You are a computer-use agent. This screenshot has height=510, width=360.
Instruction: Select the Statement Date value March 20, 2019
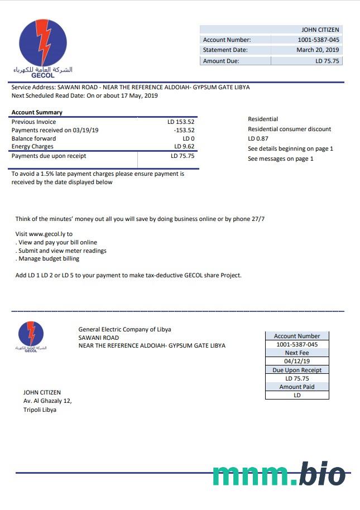coord(318,50)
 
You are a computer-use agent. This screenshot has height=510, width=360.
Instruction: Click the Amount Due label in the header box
coord(221,61)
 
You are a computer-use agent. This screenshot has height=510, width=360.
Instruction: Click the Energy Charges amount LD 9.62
coord(184,147)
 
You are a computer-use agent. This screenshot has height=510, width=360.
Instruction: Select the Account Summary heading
coord(37,113)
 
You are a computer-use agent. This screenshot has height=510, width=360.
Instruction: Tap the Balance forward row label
coord(33,138)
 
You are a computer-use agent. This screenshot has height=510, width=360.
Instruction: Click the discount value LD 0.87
coord(258,138)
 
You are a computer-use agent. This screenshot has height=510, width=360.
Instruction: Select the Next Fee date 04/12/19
coord(297,362)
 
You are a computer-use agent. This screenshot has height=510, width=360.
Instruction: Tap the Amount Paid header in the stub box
coord(297,387)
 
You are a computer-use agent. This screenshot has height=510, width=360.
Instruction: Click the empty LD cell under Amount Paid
coord(297,395)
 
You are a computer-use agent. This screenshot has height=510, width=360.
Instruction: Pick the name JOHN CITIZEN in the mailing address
coord(42,393)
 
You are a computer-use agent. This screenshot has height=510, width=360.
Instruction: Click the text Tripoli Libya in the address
coord(40,410)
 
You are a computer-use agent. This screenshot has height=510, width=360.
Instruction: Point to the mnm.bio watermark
coord(279,474)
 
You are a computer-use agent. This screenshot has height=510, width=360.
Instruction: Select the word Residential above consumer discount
coord(263,119)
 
